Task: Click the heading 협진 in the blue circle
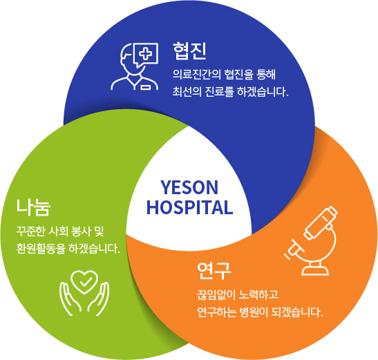pyautogui.click(x=189, y=51)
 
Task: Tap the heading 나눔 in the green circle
pyautogui.click(x=33, y=207)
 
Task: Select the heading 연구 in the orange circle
pyautogui.click(x=214, y=271)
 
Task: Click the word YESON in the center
pyautogui.click(x=189, y=187)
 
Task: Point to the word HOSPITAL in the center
pyautogui.click(x=190, y=207)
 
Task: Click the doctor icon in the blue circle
pyautogui.click(x=135, y=66)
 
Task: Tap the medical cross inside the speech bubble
pyautogui.click(x=146, y=53)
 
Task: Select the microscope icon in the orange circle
pyautogui.click(x=312, y=240)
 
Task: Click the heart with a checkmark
pyautogui.click(x=84, y=282)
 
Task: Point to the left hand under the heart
pyautogui.click(x=70, y=299)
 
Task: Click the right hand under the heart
pyautogui.click(x=98, y=299)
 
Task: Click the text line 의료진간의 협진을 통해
pyautogui.click(x=224, y=75)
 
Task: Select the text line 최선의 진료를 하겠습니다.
pyautogui.click(x=231, y=92)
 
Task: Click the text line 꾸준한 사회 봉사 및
pyautogui.click(x=60, y=231)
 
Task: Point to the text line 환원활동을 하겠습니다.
pyautogui.click(x=68, y=249)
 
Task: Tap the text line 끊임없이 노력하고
pyautogui.click(x=238, y=294)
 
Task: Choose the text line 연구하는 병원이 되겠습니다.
pyautogui.click(x=260, y=312)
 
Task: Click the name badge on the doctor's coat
pyautogui.click(x=146, y=86)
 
